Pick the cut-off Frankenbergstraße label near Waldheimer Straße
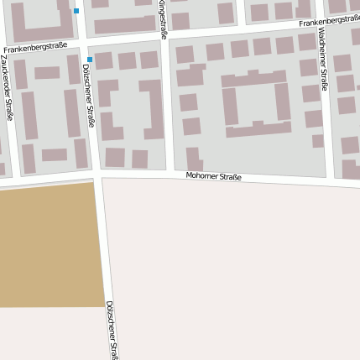coord(330,20)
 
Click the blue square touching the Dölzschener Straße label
coord(90,60)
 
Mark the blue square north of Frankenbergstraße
coord(76,11)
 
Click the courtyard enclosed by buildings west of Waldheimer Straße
coord(256,104)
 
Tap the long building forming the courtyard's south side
coord(258,130)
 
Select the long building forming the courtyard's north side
coord(253,79)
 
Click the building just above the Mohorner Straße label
coord(194,158)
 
